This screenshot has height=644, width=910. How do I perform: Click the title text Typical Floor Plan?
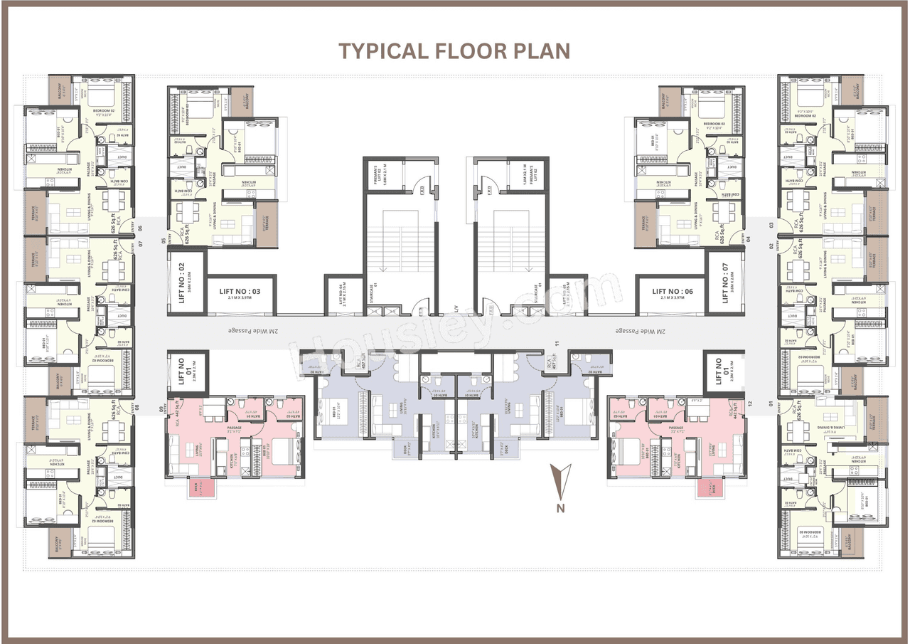click(x=454, y=51)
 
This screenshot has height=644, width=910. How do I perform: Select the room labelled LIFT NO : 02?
click(x=186, y=282)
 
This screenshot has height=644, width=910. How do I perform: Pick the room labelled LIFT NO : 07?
click(x=724, y=282)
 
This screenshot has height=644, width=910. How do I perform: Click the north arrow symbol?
click(x=561, y=479)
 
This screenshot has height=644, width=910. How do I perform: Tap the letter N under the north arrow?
click(x=561, y=508)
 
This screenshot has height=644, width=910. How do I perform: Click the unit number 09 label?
click(x=161, y=408)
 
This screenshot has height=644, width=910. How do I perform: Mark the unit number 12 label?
click(x=749, y=404)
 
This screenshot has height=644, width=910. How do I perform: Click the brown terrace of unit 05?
click(x=266, y=224)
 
